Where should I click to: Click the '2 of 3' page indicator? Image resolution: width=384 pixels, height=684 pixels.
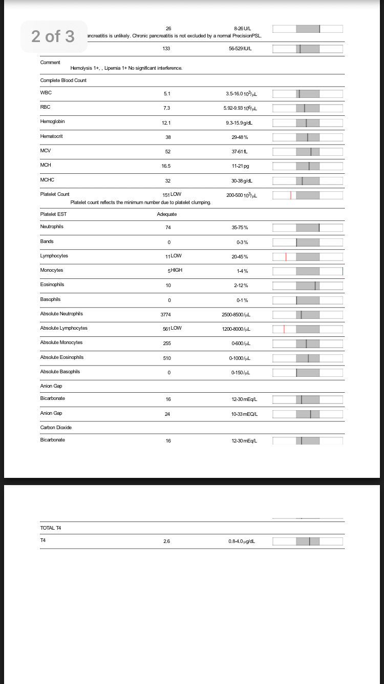click(53, 36)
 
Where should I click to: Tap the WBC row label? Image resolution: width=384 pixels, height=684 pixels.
click(46, 93)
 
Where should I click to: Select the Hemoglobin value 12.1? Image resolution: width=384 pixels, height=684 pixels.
click(166, 123)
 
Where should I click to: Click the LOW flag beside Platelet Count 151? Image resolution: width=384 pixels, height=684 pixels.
click(176, 194)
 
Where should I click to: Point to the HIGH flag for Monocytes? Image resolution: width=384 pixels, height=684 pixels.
click(176, 270)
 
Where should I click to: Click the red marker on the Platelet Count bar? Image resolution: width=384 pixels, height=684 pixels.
click(290, 195)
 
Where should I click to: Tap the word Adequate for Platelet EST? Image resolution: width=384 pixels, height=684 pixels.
click(167, 214)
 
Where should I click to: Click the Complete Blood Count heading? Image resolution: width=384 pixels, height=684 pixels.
click(63, 81)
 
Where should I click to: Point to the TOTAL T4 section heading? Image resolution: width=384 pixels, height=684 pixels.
click(51, 528)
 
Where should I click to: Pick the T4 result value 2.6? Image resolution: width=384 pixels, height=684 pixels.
click(167, 541)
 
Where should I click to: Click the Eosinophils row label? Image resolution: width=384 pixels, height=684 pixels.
click(52, 285)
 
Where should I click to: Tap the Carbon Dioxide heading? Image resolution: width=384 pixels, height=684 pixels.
click(56, 427)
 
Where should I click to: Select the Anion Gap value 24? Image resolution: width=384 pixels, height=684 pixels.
click(167, 414)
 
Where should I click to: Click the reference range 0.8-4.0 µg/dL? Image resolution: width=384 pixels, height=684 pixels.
click(242, 541)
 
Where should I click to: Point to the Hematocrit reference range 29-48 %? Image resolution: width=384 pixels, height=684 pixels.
click(240, 137)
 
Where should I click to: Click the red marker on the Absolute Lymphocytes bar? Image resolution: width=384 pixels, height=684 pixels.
click(284, 329)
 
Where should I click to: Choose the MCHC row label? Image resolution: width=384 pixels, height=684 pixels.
click(47, 180)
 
